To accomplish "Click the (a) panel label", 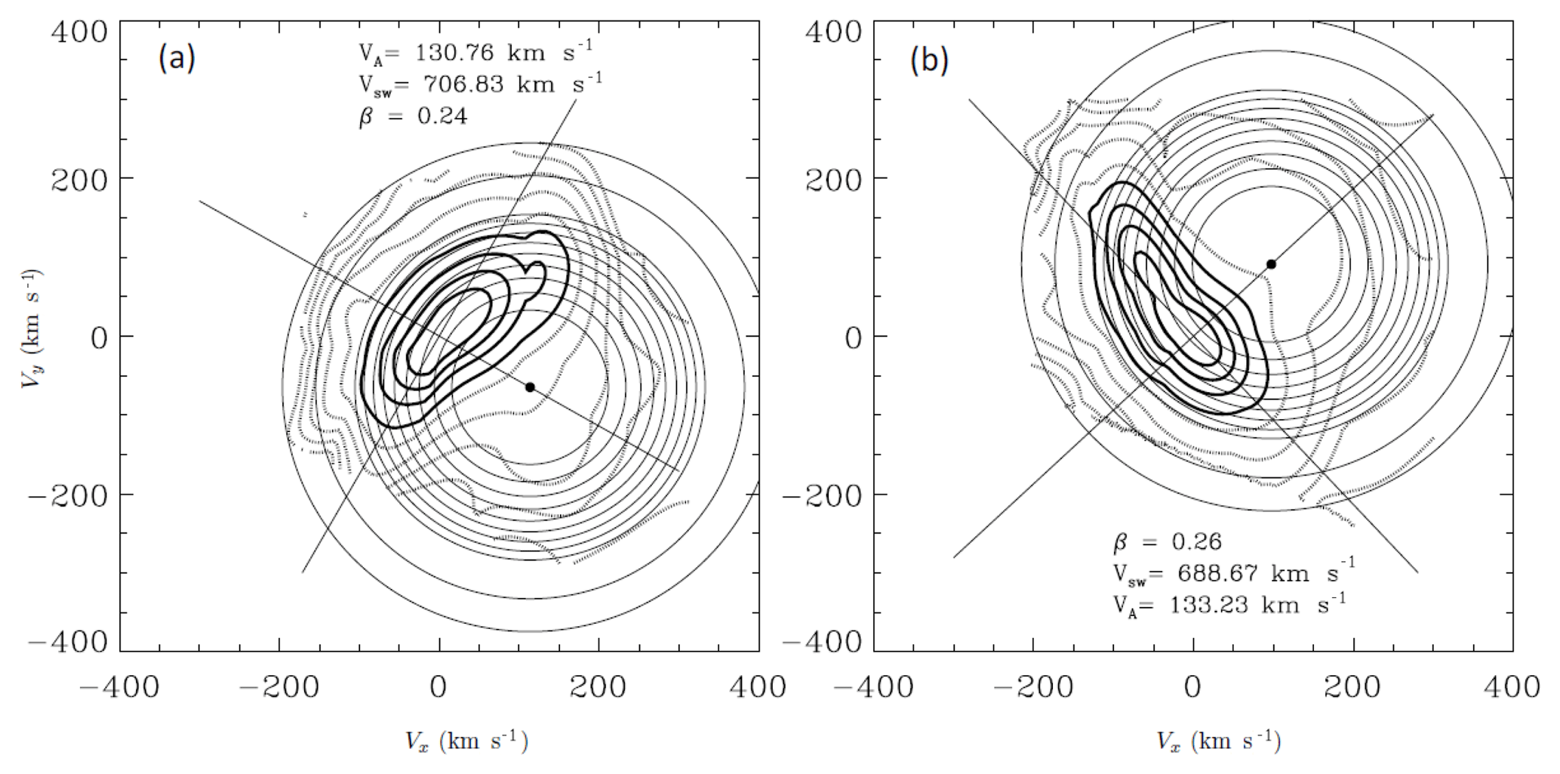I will [177, 59].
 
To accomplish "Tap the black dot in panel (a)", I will [530, 387].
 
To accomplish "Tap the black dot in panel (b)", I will [1271, 264].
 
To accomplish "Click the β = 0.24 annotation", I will [413, 116].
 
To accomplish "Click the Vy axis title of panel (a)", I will [31, 328].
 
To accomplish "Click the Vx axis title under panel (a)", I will [466, 741].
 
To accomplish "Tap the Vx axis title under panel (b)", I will [1217, 741].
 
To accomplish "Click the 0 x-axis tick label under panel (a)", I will [439, 687].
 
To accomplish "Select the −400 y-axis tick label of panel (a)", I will [68, 642].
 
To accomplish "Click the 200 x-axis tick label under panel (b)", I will [1353, 687].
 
